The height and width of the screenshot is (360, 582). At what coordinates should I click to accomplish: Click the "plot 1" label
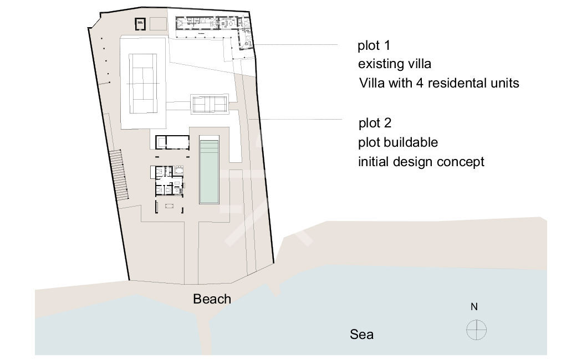(374, 45)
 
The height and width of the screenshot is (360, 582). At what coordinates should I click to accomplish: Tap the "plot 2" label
(375, 123)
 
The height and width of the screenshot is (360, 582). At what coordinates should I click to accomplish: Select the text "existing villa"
(395, 64)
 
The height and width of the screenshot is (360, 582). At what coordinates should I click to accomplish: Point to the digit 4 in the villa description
(420, 83)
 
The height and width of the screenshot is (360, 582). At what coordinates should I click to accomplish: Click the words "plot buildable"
(398, 142)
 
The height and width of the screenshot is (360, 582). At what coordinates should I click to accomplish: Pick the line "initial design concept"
(421, 162)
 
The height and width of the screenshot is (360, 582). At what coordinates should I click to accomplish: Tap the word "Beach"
(212, 299)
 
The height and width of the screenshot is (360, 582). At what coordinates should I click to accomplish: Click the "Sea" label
(361, 335)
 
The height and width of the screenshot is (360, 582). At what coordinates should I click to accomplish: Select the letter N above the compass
(474, 307)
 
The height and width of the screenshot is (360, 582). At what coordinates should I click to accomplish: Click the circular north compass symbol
(476, 330)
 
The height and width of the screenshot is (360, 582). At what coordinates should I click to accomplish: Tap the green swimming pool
(209, 171)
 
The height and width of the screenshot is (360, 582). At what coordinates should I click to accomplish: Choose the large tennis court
(143, 84)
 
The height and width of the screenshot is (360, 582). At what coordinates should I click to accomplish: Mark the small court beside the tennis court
(210, 104)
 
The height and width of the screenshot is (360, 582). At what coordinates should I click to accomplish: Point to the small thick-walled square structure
(140, 24)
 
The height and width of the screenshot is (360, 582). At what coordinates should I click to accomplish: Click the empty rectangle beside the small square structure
(158, 24)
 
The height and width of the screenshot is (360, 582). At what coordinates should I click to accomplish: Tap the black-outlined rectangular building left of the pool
(172, 142)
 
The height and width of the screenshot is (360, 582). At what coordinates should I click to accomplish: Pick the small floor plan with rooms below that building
(169, 181)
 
